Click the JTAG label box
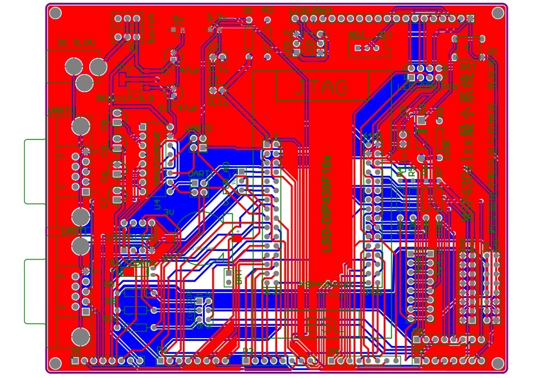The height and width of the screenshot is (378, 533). point(321,88)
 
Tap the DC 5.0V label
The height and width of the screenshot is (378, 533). point(76,43)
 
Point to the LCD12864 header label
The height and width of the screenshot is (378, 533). point(310,10)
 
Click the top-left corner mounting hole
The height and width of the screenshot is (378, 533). point(55,13)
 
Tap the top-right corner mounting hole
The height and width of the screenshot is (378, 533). point(498,13)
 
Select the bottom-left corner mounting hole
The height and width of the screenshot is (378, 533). point(55,363)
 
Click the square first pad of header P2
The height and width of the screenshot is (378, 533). point(161,361)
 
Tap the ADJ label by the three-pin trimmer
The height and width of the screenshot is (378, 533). point(356,35)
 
